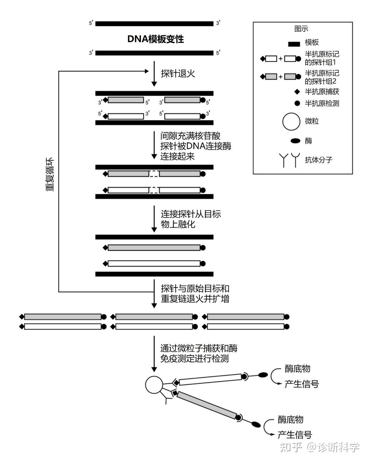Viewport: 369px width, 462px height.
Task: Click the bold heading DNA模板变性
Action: coord(156,39)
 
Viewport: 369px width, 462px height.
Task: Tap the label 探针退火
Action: coord(178,73)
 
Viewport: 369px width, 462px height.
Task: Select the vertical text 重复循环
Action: coord(50,174)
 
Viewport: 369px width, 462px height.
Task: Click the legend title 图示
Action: coord(301,29)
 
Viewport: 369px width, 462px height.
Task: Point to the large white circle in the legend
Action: coord(291,121)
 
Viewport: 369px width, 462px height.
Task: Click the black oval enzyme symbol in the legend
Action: coord(295,141)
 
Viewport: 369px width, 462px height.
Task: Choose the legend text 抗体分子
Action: coord(319,160)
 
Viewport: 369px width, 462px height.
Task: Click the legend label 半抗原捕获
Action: coord(322,92)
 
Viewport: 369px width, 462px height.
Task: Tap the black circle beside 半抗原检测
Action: coord(297,103)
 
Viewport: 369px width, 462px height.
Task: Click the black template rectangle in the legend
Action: coord(294,44)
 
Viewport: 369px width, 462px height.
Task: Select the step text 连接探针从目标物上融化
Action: coord(191,219)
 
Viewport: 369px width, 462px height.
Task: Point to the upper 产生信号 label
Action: coord(302,384)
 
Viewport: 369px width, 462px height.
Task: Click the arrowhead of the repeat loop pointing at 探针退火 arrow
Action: coord(147,71)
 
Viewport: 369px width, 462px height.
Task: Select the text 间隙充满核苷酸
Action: coord(190,136)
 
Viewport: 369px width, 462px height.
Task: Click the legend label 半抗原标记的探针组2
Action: coord(322,77)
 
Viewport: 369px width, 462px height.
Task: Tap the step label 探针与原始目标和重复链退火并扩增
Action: coord(195,294)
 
